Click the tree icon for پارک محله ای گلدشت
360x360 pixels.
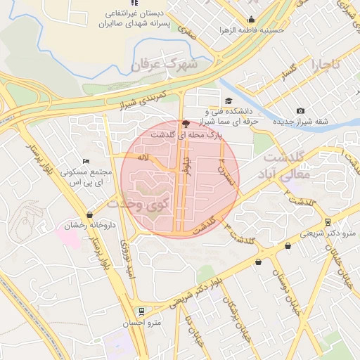pos(186,122)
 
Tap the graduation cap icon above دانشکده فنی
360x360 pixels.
pos(229,101)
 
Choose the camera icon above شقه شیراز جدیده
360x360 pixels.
pos(301,110)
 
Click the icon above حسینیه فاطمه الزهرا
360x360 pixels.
pos(251,20)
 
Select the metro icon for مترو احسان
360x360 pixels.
pos(142,310)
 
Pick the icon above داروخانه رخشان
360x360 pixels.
pos(89,215)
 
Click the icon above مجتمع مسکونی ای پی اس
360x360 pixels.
pos(86,162)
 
